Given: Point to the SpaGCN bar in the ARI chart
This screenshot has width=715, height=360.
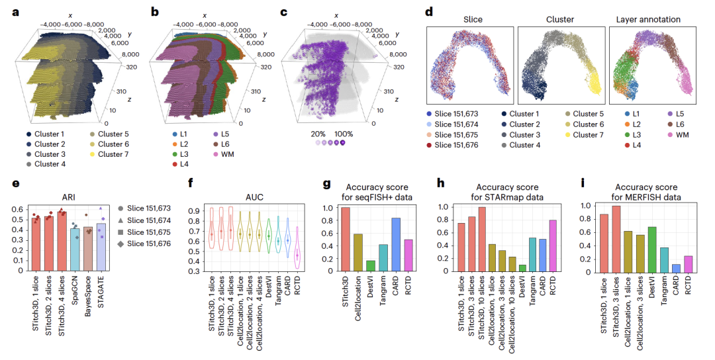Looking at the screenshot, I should [75, 249].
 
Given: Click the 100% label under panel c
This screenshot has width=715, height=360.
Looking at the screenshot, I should [344, 133].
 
